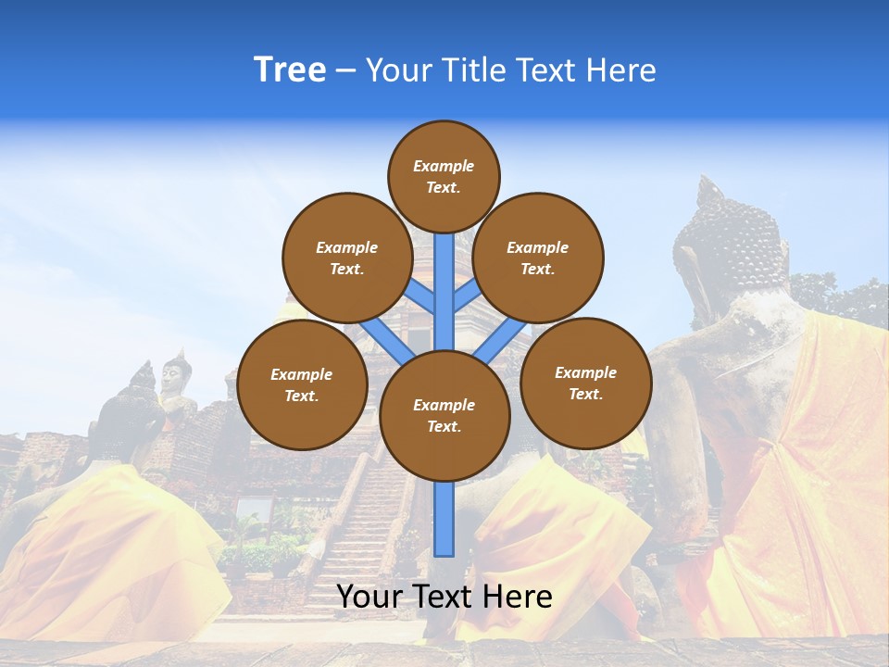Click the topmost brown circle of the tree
tap(444, 176)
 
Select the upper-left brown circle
tap(347, 258)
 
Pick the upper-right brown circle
tap(538, 258)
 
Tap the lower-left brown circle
tap(302, 385)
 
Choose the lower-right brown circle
tap(585, 383)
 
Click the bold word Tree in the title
tap(290, 69)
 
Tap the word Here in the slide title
tap(620, 70)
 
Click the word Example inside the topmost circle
tap(444, 166)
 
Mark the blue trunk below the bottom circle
tap(444, 519)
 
